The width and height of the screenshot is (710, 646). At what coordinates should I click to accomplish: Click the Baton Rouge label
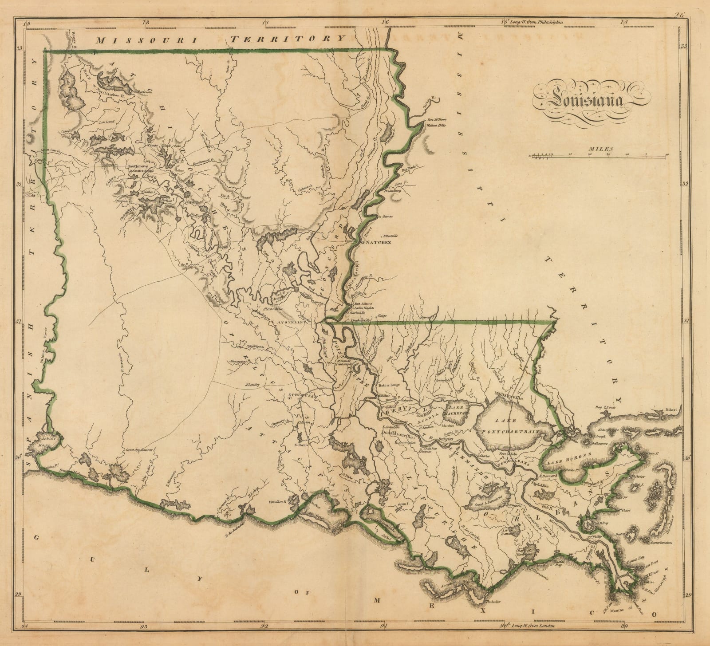click(389, 385)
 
